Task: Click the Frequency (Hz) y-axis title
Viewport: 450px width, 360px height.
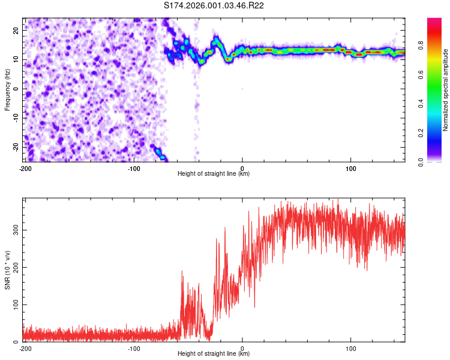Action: pos(8,89)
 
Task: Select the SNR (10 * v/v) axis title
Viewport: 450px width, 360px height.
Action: pos(8,270)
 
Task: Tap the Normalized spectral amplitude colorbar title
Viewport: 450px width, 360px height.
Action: pos(446,90)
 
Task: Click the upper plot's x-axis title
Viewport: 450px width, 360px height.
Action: pos(214,174)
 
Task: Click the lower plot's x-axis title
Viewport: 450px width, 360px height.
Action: pos(214,354)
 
